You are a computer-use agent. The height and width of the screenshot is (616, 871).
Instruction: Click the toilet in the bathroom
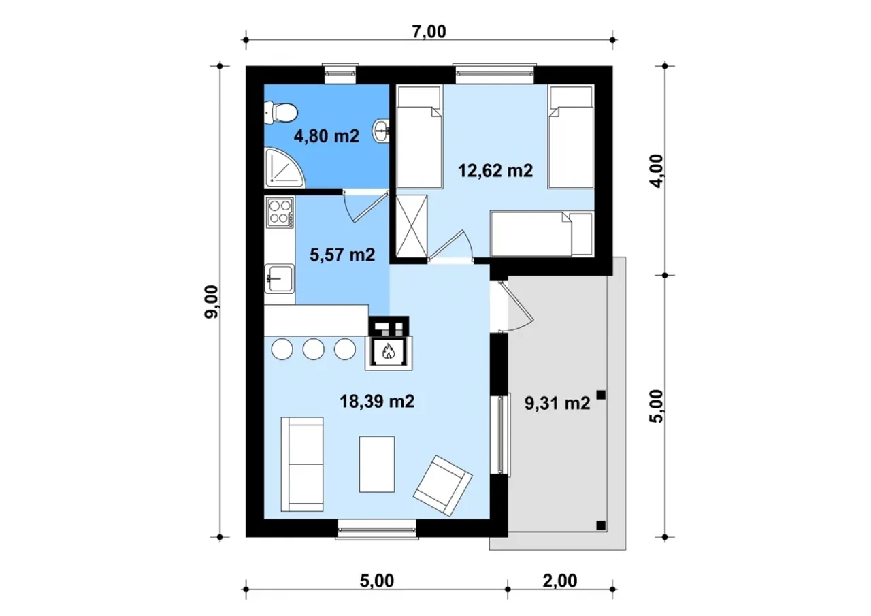click(x=281, y=113)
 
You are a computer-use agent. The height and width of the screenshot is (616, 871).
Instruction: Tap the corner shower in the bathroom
click(x=284, y=167)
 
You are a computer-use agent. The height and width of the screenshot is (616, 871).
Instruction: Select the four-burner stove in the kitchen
click(x=280, y=212)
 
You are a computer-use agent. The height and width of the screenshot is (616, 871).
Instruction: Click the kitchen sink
click(x=280, y=278)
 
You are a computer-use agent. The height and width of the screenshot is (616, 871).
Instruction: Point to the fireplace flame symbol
click(x=389, y=351)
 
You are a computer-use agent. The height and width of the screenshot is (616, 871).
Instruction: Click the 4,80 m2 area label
click(x=327, y=137)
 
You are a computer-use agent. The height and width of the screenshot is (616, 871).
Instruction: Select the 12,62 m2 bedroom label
click(x=495, y=171)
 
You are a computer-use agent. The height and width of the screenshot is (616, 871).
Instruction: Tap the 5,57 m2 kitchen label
click(x=342, y=255)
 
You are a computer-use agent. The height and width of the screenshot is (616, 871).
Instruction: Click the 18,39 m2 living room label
click(x=377, y=401)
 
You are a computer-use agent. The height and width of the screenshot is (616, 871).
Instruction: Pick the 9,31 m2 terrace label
click(x=557, y=403)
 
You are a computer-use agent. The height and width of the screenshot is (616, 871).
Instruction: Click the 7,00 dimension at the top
click(x=429, y=32)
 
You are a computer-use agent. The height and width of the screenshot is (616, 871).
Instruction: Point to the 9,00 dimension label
click(x=212, y=302)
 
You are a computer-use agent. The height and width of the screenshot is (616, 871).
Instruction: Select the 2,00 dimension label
click(x=560, y=581)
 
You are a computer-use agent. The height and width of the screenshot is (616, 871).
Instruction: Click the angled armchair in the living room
click(x=442, y=486)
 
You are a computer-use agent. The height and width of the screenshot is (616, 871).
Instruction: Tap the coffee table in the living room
click(x=377, y=464)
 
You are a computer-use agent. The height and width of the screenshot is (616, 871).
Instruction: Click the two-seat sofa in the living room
click(x=302, y=464)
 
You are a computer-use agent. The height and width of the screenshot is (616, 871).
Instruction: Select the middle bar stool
click(x=314, y=348)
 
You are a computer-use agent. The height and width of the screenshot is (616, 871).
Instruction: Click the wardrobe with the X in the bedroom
click(x=412, y=227)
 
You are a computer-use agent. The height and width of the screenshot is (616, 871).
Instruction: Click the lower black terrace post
click(x=601, y=525)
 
